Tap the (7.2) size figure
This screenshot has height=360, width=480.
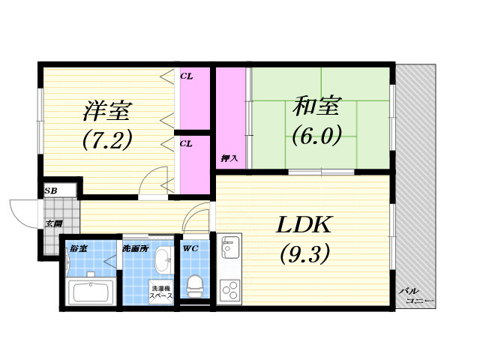coord(106,139)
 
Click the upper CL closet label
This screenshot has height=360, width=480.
coord(186,76)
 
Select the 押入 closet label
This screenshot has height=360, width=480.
coord(229,158)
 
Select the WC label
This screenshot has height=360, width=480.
coord(189,247)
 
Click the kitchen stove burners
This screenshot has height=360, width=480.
coord(229,289)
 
